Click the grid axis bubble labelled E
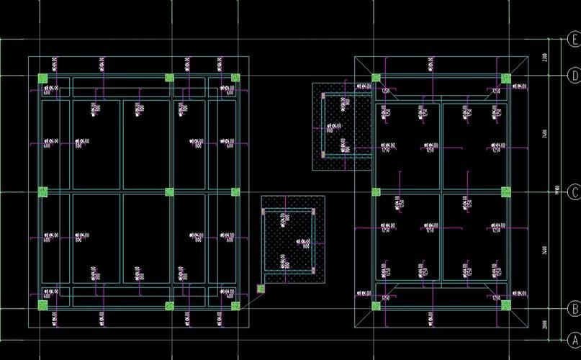[x=574, y=39]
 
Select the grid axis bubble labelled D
[x=574, y=75]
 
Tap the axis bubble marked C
[x=574, y=192]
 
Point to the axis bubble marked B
[x=574, y=308]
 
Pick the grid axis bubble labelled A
[x=574, y=339]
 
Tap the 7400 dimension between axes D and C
[x=545, y=133]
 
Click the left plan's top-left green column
[x=42, y=78]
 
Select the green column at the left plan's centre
[x=170, y=192]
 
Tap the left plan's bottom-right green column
[x=235, y=305]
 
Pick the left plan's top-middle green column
[x=170, y=78]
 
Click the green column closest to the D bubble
[x=505, y=78]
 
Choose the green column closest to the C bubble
[x=505, y=192]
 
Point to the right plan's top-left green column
[x=375, y=78]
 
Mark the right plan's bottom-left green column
[x=375, y=305]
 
